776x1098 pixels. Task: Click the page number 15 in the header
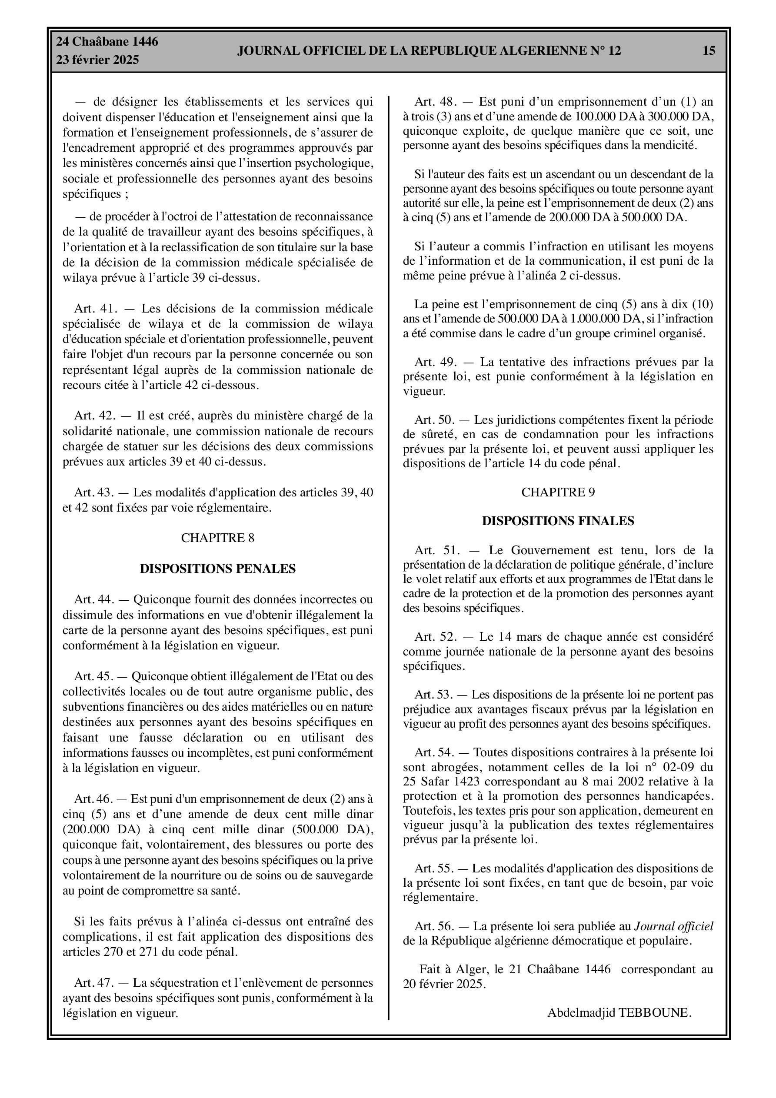pyautogui.click(x=709, y=51)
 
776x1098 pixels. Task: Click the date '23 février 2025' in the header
pyautogui.click(x=98, y=60)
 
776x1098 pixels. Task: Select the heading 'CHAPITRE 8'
pyautogui.click(x=218, y=538)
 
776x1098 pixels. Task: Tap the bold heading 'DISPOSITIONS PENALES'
pyautogui.click(x=218, y=569)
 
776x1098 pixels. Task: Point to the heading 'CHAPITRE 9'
pyautogui.click(x=558, y=492)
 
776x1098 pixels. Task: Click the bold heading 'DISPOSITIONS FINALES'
pyautogui.click(x=558, y=521)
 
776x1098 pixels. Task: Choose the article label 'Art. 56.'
pyautogui.click(x=434, y=926)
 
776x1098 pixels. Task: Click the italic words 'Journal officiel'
pyautogui.click(x=673, y=926)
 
